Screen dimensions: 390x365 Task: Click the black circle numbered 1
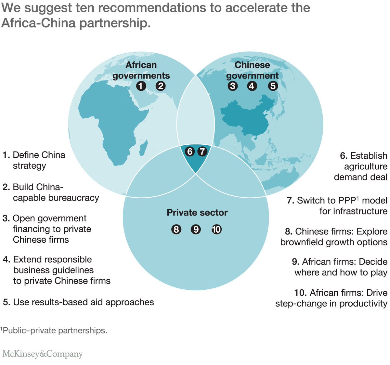pos(141,86)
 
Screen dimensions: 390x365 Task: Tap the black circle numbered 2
pos(161,86)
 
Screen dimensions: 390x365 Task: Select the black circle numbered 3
pos(233,86)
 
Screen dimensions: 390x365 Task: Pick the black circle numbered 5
pos(273,86)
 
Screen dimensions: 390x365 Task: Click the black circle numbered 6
pos(190,151)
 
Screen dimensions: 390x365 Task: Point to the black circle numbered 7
pos(202,151)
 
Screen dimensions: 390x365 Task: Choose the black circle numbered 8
pos(176,229)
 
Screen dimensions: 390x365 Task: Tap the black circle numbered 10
pos(216,229)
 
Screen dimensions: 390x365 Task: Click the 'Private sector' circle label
pos(197,213)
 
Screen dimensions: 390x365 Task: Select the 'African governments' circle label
pos(141,70)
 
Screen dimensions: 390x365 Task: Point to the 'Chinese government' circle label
pos(252,70)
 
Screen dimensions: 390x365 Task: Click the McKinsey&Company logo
pos(43,354)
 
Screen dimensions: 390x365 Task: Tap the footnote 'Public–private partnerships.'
pos(54,331)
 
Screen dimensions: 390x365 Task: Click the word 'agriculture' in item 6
pos(366,166)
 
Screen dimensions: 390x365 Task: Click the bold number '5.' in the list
pos(6,302)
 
